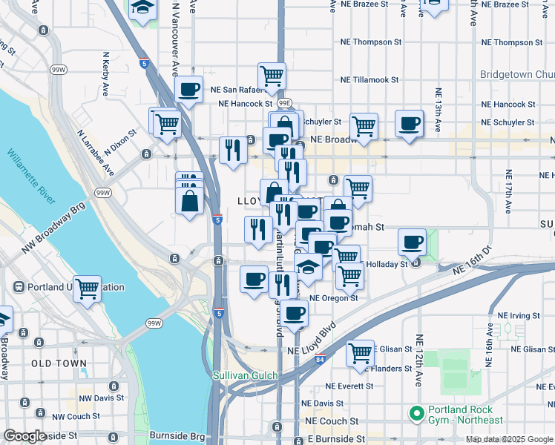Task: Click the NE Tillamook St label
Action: tap(370, 79)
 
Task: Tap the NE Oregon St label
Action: tap(334, 298)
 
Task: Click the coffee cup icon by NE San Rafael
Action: tap(189, 90)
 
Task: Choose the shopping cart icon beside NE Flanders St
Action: tap(361, 353)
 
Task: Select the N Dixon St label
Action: tap(120, 144)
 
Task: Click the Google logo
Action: tap(24, 436)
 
